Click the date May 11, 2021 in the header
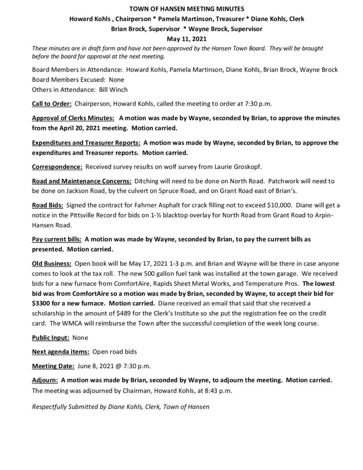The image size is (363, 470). pyautogui.click(x=181, y=39)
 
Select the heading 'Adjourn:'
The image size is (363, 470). pyautogui.click(x=45, y=380)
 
